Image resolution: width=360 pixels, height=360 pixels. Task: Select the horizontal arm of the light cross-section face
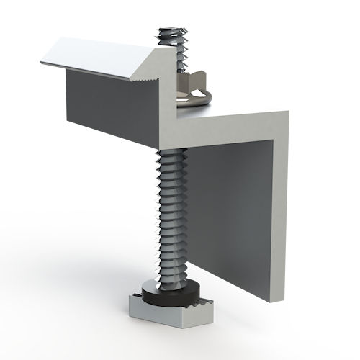[230, 127]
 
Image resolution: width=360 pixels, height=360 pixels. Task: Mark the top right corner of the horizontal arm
[287, 112]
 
